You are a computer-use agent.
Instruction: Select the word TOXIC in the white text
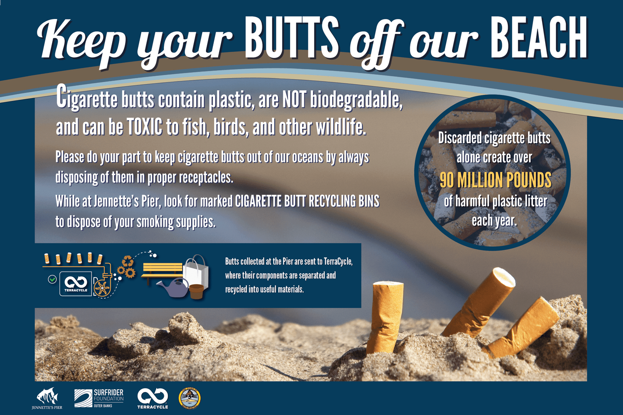(x=144, y=127)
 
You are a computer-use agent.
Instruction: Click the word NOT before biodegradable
(x=294, y=100)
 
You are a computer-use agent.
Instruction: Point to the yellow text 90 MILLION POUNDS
(x=495, y=180)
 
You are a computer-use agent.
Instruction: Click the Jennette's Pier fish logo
(x=47, y=398)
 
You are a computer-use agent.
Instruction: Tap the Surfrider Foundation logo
(x=99, y=398)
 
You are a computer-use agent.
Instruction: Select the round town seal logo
(x=189, y=398)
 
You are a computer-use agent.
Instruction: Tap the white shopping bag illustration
(x=196, y=273)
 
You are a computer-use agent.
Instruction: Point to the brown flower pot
(x=197, y=291)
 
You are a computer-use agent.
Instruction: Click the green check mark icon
(x=52, y=279)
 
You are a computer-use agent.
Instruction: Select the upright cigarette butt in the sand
(x=385, y=317)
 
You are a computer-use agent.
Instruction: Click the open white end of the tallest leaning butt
(x=504, y=277)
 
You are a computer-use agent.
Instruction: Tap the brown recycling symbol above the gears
(x=128, y=261)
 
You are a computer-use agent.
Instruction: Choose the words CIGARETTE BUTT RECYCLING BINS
(x=307, y=201)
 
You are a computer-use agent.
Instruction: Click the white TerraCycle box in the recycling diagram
(x=76, y=284)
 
